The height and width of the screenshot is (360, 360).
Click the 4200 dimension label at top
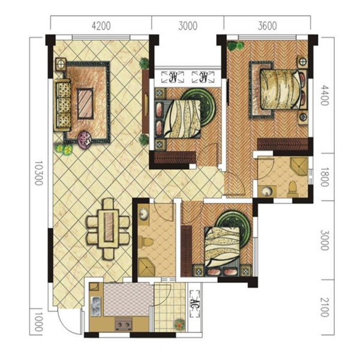(101, 26)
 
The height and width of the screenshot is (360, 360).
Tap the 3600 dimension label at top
(267, 26)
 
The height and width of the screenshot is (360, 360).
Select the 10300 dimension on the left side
(38, 173)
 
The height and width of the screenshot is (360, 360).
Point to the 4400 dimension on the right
(325, 95)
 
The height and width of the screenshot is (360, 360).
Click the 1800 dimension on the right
(325, 177)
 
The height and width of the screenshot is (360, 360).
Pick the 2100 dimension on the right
(325, 307)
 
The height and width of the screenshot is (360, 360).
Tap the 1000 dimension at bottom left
(38, 322)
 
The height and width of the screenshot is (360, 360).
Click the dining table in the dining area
(109, 229)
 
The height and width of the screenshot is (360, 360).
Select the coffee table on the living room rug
(85, 104)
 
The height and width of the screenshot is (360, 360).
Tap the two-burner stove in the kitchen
(123, 325)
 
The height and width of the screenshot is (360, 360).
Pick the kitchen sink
(96, 306)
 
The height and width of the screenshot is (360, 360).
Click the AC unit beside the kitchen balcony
(194, 304)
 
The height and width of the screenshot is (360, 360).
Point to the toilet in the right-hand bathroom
(292, 189)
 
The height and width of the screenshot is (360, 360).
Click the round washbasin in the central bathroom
(144, 214)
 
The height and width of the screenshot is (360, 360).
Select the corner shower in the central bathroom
(148, 267)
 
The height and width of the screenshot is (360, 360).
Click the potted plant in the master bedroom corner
(235, 46)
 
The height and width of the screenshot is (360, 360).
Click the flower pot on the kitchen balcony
(179, 325)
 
